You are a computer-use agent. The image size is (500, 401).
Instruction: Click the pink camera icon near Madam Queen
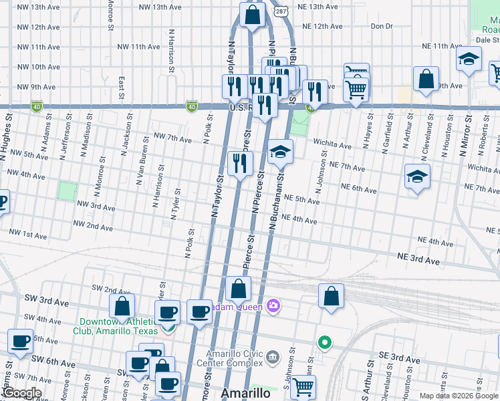273,307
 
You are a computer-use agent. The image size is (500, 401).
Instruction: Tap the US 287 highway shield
281,11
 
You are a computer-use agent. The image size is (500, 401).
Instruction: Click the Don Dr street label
381,27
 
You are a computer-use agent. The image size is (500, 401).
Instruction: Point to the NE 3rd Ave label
419,257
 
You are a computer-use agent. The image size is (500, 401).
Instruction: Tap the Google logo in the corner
23,394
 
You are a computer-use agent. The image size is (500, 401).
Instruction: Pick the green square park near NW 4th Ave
67,190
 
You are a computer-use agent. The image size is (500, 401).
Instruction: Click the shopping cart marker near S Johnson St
303,386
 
